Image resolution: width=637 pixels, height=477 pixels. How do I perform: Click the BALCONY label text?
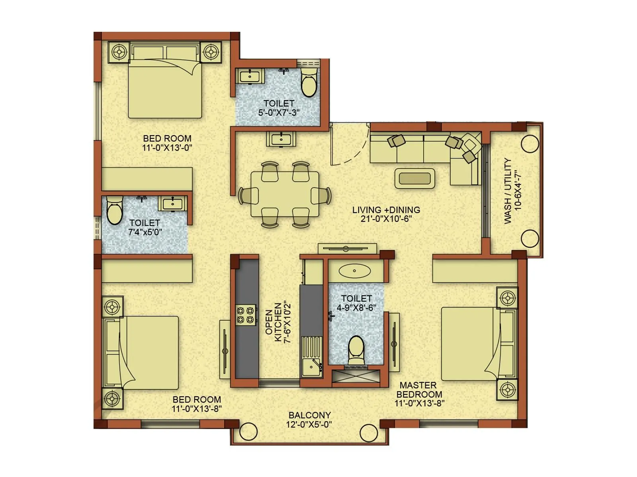pyautogui.click(x=309, y=415)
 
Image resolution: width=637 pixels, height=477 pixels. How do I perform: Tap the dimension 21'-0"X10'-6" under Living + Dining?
pyautogui.click(x=386, y=219)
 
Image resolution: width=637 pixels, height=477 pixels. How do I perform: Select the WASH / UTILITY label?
pyautogui.click(x=508, y=191)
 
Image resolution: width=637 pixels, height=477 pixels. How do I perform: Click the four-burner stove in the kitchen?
pyautogui.click(x=246, y=315)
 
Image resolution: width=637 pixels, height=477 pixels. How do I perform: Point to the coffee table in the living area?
pyautogui.click(x=414, y=178)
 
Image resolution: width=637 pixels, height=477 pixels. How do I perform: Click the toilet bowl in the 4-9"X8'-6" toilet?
pyautogui.click(x=356, y=350)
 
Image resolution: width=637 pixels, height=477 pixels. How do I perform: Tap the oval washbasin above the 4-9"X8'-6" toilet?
pyautogui.click(x=354, y=271)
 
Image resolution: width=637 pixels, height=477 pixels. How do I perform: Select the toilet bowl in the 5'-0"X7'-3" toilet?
pyautogui.click(x=309, y=82)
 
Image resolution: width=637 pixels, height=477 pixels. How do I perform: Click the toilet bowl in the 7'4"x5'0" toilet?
pyautogui.click(x=115, y=211)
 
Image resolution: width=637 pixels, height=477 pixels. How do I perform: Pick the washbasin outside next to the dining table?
pyautogui.click(x=281, y=140)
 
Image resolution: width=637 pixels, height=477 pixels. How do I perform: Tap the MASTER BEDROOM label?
pyautogui.click(x=418, y=390)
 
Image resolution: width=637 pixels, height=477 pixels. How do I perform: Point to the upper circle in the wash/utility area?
pyautogui.click(x=530, y=143)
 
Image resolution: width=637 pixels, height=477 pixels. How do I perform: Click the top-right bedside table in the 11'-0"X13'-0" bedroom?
pyautogui.click(x=211, y=52)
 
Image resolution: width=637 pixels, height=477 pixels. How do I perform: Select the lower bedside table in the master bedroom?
pyautogui.click(x=508, y=390)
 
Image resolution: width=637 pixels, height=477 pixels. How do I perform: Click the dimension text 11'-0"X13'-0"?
pyautogui.click(x=167, y=148)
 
